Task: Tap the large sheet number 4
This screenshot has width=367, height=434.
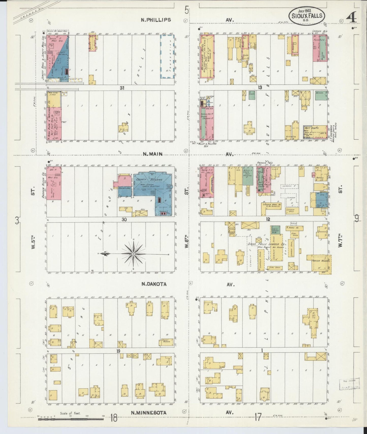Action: [352, 18]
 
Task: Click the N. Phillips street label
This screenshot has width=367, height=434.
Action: [156, 20]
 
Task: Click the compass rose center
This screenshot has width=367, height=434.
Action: [133, 254]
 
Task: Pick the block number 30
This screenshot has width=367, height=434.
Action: [124, 220]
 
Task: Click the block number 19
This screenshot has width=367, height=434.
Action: [118, 351]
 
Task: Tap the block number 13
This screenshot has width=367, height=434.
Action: [260, 88]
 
